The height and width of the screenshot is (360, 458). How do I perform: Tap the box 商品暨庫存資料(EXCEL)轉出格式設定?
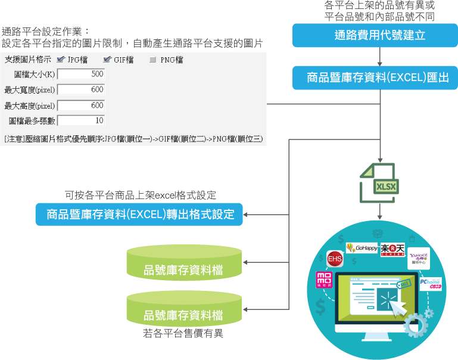tap(140, 214)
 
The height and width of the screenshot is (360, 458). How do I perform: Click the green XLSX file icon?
tap(380, 184)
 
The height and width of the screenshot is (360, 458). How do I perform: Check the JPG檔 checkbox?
tap(61, 60)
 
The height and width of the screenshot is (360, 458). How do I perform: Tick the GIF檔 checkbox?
tap(107, 60)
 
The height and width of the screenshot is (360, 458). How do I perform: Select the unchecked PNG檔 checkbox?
tap(153, 60)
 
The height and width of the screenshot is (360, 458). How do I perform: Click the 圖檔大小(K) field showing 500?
tap(82, 75)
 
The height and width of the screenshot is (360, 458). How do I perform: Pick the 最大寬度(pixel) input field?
tap(82, 90)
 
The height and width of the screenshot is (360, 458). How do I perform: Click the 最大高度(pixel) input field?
tap(82, 105)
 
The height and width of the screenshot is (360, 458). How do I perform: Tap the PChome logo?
tap(430, 283)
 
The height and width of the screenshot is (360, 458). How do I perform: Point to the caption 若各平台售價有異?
tap(183, 333)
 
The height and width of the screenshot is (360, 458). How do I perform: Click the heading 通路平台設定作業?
tap(45, 31)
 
